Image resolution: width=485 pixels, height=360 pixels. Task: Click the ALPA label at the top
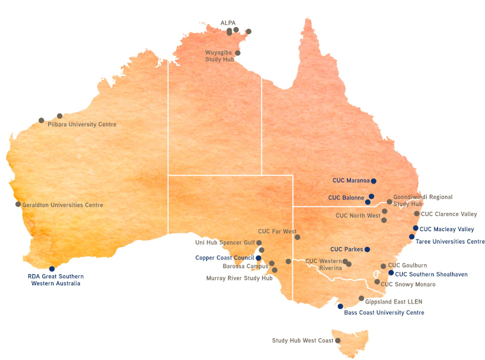(x=228, y=23)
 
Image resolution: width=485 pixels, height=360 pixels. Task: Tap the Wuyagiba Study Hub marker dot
(x=238, y=53)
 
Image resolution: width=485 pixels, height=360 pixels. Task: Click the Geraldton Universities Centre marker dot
(x=18, y=205)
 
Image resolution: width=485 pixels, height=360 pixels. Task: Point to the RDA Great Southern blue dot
(x=52, y=269)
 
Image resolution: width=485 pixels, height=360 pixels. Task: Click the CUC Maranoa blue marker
(x=373, y=181)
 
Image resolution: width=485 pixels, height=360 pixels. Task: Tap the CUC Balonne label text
(x=346, y=198)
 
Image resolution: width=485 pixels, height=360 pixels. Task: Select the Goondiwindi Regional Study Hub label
(x=422, y=201)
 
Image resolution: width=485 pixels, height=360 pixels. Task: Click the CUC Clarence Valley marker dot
(x=417, y=214)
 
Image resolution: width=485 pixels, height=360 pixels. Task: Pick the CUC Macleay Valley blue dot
(x=416, y=228)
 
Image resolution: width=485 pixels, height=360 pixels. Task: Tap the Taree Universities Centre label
(x=450, y=242)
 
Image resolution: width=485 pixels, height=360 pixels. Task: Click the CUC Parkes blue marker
(x=367, y=249)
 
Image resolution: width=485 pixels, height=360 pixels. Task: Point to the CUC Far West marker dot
(x=297, y=238)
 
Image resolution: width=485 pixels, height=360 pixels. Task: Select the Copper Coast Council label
(x=225, y=258)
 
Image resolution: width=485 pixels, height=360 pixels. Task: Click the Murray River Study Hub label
(x=239, y=278)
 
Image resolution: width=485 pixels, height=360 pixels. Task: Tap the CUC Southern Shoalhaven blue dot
(x=391, y=273)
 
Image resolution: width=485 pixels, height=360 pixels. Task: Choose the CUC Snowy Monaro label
(x=408, y=285)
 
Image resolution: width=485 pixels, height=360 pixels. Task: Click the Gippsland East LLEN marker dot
(x=362, y=298)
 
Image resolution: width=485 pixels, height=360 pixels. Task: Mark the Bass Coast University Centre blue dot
(x=340, y=306)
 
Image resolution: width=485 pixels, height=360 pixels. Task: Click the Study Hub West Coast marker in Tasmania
(x=338, y=341)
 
